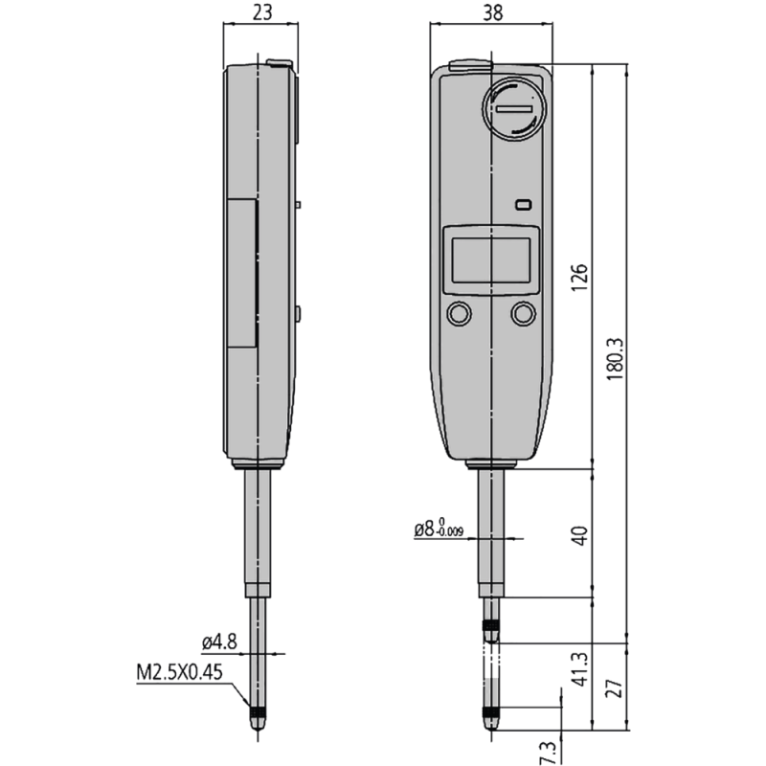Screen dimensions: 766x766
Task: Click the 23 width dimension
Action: [x=259, y=12]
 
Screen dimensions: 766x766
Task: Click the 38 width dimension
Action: [x=492, y=12]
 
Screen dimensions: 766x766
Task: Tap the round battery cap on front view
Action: [x=516, y=109]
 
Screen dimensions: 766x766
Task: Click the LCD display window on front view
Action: [x=491, y=258]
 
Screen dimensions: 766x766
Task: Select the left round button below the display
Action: [x=459, y=313]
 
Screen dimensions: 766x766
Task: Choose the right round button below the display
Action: [x=523, y=313]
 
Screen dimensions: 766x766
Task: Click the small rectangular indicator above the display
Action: [x=522, y=205]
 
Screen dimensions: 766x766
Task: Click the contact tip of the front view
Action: [x=491, y=720]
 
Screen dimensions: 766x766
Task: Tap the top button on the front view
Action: [x=467, y=65]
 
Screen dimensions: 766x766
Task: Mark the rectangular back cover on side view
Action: [x=241, y=273]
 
